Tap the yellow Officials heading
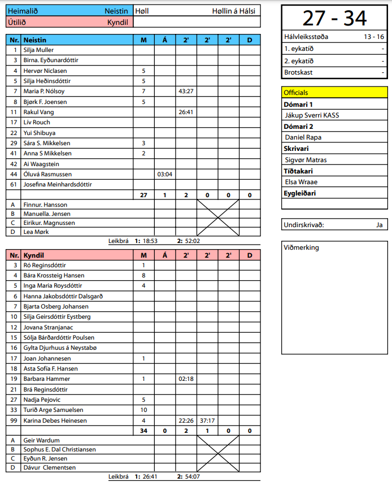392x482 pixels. tap(295, 92)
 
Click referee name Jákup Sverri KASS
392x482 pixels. tap(312, 115)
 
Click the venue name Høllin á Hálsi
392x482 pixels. tap(233, 11)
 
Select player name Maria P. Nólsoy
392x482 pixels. tap(44, 92)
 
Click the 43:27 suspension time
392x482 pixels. tap(186, 92)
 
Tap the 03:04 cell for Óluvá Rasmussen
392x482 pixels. tap(164, 174)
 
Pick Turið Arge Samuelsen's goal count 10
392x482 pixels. tap(143, 410)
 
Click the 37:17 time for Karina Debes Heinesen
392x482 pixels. tap(207, 420)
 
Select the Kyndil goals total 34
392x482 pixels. tap(143, 431)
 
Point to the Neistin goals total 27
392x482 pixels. tap(143, 195)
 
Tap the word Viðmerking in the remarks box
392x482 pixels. tap(302, 247)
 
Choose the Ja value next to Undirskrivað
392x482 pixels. tap(379, 224)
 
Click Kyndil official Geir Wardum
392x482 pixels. tap(41, 441)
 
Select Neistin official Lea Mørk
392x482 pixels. tap(36, 232)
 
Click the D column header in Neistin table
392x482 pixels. tap(250, 40)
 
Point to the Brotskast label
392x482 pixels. tap(298, 72)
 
